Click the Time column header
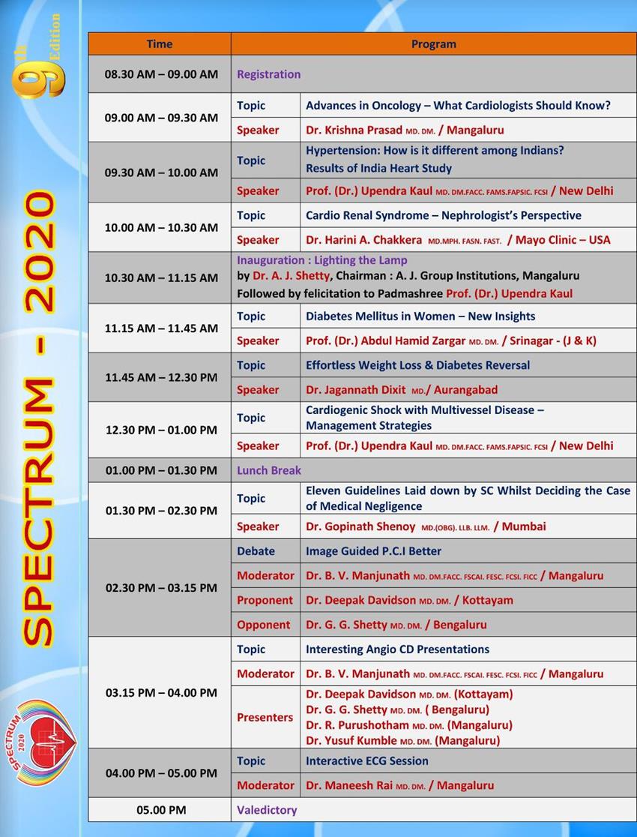tap(159, 44)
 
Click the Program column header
tap(433, 44)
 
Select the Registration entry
tap(268, 74)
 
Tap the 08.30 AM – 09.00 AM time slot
tap(161, 74)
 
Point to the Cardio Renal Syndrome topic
tap(443, 215)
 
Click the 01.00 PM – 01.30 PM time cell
tap(161, 470)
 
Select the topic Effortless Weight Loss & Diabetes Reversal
tap(417, 365)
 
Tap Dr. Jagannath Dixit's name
tap(355, 390)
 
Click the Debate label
tap(256, 550)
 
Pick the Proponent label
tap(265, 600)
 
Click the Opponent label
tap(263, 625)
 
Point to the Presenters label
tap(265, 717)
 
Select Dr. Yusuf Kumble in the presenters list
tap(351, 740)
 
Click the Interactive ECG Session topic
tap(366, 760)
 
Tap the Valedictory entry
tap(267, 810)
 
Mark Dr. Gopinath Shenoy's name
tap(360, 526)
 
